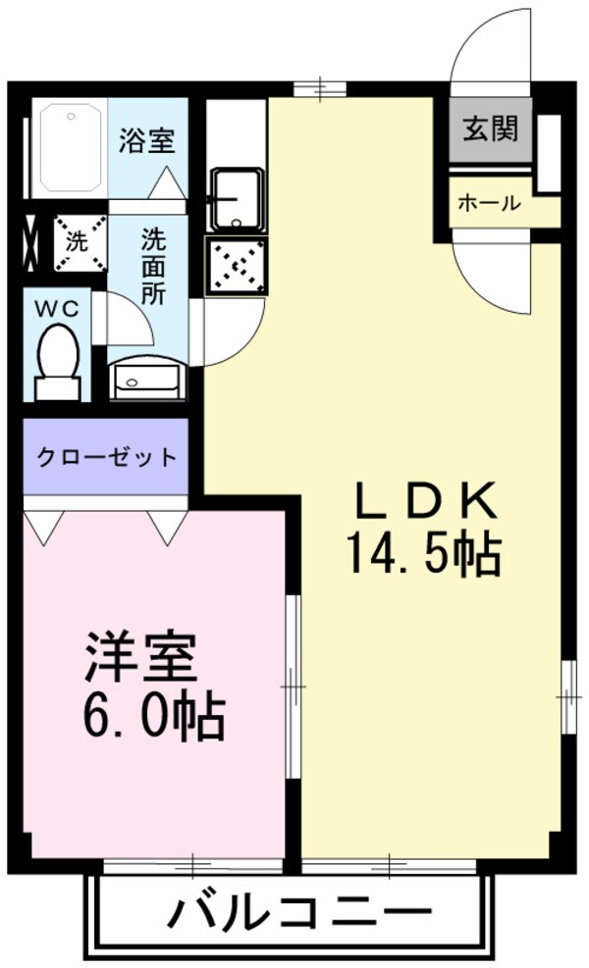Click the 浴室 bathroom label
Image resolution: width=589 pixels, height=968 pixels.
coord(147,141)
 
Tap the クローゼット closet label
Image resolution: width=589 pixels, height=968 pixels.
coord(107,456)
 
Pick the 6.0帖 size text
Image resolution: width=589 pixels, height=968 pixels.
coord(153,719)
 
